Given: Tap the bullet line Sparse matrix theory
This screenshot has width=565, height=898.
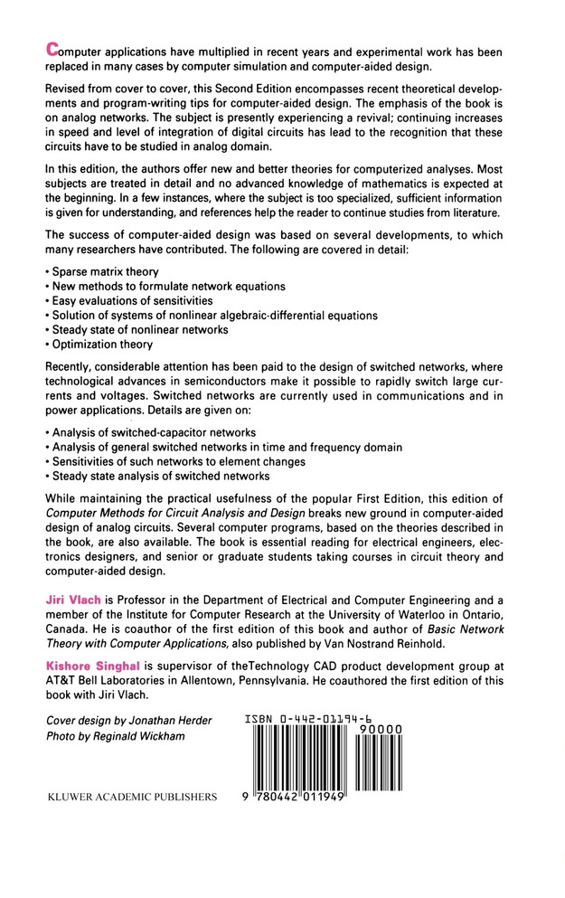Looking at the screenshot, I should click(105, 270).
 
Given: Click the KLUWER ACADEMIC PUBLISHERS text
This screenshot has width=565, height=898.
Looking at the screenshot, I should click(131, 798).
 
